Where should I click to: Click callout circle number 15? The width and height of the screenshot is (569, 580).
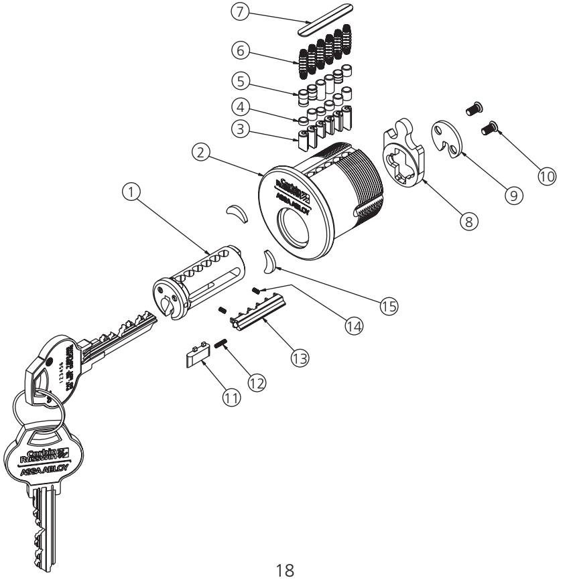click(x=386, y=305)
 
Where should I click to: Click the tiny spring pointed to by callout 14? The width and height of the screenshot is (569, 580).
click(x=256, y=290)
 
